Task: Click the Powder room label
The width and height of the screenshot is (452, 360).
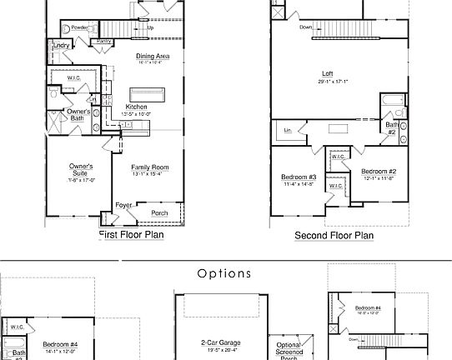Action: pos(79,28)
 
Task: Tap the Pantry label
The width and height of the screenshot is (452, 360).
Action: pos(104,41)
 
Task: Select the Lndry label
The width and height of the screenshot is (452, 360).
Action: pos(61,46)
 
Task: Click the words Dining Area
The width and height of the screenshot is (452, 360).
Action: pos(153,57)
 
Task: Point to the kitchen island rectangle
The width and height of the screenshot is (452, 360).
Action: pos(148,92)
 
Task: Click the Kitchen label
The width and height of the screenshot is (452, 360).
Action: pos(136,107)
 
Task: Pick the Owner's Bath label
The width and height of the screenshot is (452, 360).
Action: pos(79,115)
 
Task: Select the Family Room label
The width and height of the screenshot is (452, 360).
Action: pos(150,167)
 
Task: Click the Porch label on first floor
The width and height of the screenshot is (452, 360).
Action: pos(158,212)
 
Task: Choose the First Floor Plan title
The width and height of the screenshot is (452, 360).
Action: pos(131,235)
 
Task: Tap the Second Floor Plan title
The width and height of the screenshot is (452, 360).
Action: pos(334,236)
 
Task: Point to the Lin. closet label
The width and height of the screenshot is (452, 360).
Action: pos(288,130)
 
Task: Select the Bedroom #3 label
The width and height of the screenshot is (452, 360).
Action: pos(298,177)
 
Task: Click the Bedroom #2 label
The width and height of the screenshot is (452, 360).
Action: pos(378,172)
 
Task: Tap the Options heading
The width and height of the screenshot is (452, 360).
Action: pos(224,273)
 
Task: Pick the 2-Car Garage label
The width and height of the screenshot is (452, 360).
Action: pos(219,342)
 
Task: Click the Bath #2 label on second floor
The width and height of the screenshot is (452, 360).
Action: pos(391,127)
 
